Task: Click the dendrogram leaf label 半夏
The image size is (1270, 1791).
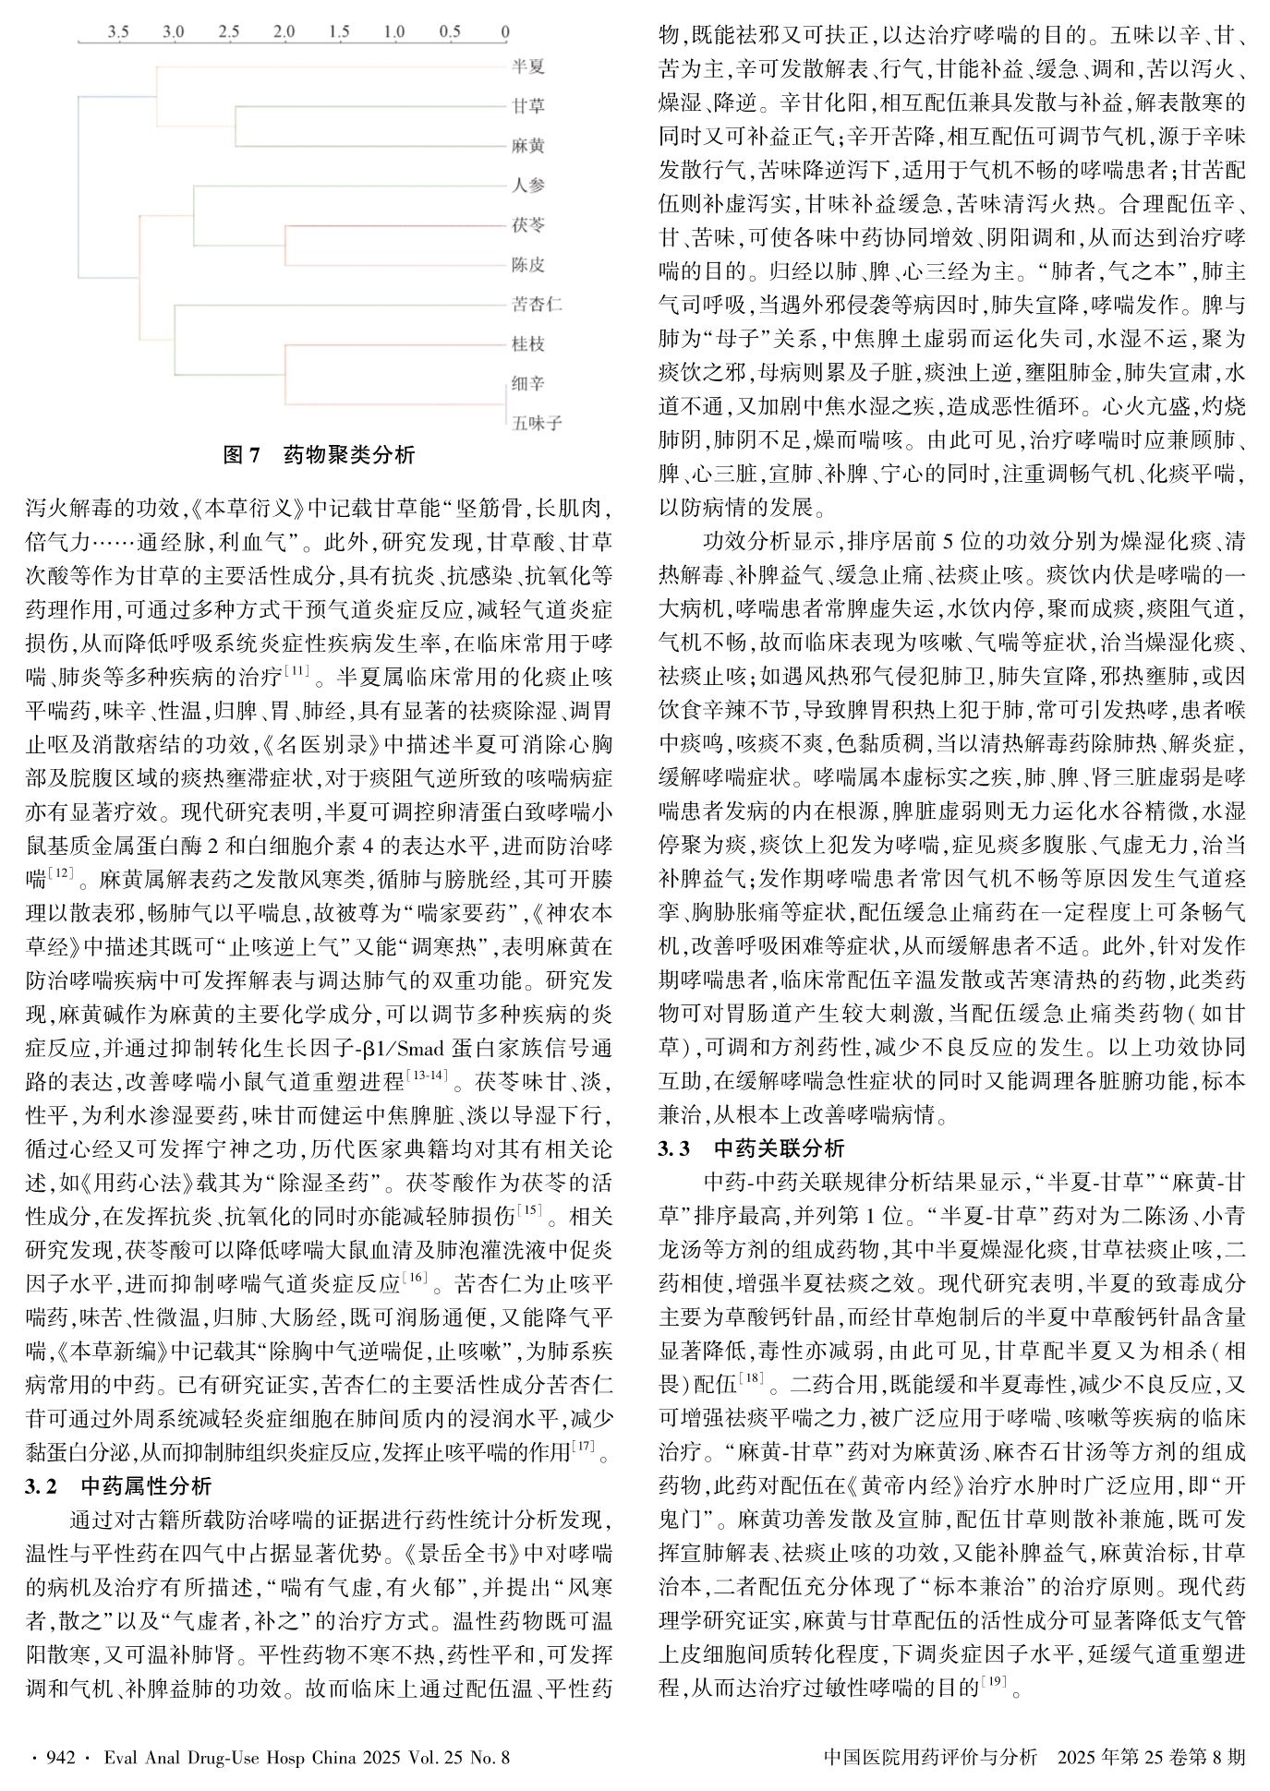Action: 528,66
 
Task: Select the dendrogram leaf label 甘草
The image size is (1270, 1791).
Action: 528,106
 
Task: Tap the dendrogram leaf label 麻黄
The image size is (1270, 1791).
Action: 528,146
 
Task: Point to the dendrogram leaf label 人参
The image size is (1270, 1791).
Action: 528,186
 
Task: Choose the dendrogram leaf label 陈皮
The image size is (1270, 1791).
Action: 528,265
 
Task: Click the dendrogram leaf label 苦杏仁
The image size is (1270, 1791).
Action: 537,305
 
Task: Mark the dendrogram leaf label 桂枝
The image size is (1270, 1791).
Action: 528,344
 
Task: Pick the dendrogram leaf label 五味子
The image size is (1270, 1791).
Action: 537,424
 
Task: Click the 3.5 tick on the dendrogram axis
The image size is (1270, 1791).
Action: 118,31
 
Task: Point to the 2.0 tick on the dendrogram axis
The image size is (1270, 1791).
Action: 284,31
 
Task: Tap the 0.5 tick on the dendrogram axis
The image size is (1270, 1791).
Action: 450,31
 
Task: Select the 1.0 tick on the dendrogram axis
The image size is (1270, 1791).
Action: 394,31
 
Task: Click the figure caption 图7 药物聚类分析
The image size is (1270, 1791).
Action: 319,455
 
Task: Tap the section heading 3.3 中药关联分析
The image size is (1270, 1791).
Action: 751,1149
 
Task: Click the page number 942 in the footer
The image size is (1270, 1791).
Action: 59,1757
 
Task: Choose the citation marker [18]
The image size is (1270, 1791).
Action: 751,1379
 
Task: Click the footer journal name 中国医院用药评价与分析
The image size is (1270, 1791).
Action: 929,1757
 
